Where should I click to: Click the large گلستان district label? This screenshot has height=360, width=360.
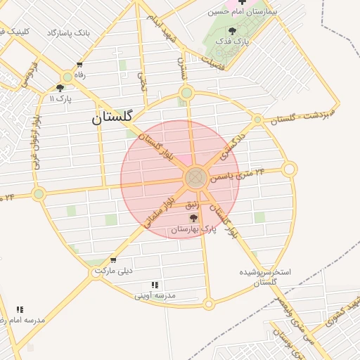coord(112,118)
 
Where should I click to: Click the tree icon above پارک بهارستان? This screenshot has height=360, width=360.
coord(194,219)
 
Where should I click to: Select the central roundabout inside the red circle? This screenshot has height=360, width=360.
coord(195,178)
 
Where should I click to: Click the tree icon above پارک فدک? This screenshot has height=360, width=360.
coord(233,31)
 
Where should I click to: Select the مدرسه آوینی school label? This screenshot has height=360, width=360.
coord(155,296)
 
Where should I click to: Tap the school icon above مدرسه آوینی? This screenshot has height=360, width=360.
coord(155,285)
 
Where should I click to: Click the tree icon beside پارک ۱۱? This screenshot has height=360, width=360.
coord(60,88)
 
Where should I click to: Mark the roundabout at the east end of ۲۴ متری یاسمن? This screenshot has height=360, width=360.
coord(289,169)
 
